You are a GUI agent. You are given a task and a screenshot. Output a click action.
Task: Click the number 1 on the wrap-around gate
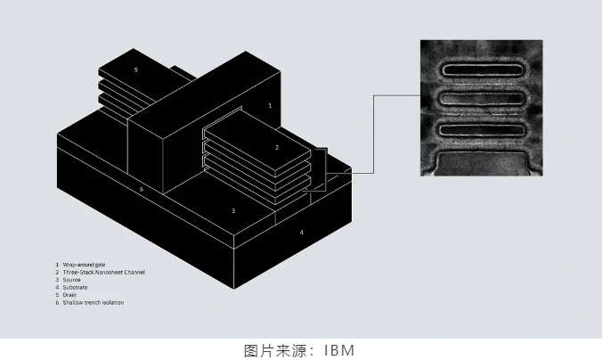pyautogui.click(x=270, y=105)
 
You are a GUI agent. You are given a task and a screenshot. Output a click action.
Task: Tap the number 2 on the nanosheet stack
pyautogui.click(x=277, y=147)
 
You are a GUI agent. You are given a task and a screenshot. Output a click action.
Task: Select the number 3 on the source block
pyautogui.click(x=233, y=211)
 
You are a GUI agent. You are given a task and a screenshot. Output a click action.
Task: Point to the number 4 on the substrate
pyautogui.click(x=301, y=233)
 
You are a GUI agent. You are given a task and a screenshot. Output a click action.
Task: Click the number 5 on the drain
pyautogui.click(x=135, y=70)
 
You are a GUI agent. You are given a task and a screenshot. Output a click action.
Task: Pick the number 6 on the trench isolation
pyautogui.click(x=141, y=189)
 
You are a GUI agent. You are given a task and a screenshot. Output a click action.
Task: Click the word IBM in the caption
pyautogui.click(x=339, y=349)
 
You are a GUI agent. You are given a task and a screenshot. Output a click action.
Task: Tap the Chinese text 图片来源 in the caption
pyautogui.click(x=272, y=349)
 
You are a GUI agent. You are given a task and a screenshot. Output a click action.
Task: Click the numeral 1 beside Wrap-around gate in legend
pyautogui.click(x=57, y=265)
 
